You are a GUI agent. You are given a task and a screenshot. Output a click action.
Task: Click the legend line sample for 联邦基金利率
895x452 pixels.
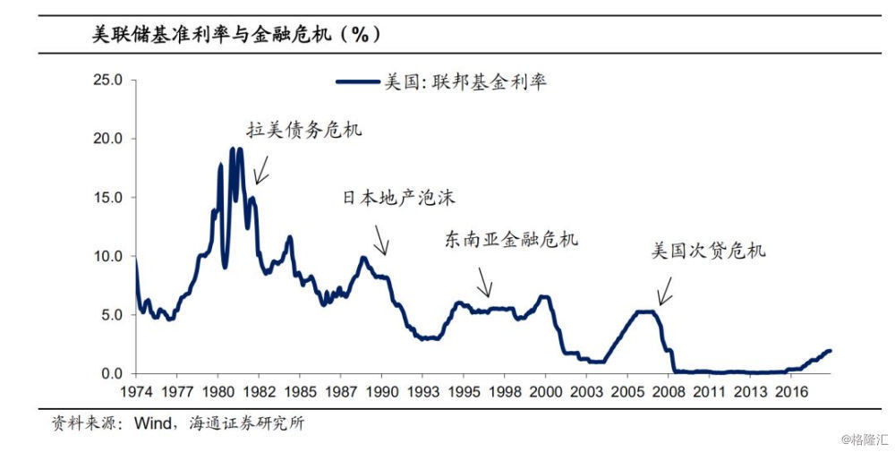[358, 82]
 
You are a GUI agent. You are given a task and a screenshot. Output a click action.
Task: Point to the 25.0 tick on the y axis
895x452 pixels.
[107, 81]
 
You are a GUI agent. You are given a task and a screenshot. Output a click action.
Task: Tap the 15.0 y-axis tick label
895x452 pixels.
[107, 198]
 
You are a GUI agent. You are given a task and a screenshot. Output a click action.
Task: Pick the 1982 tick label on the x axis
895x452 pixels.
[258, 391]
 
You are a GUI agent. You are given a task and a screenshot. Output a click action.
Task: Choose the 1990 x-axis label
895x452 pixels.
[381, 391]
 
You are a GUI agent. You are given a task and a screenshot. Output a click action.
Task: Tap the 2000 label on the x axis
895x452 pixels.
[545, 391]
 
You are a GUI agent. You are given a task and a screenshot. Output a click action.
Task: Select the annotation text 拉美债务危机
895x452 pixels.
[303, 130]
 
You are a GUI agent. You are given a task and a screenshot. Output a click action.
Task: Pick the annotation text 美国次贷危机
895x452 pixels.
[708, 251]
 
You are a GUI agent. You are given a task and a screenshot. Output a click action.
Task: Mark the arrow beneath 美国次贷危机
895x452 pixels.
[665, 292]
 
